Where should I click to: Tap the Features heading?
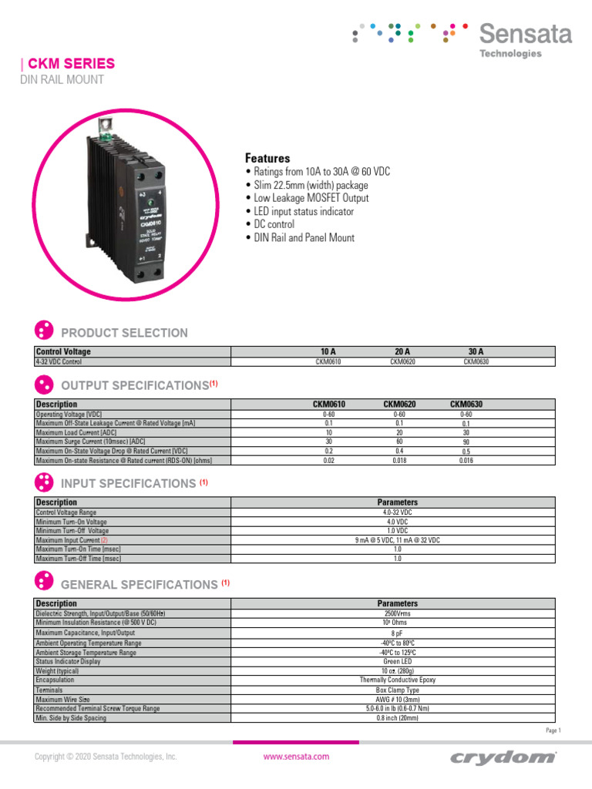(x=267, y=158)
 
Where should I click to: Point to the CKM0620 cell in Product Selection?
(x=402, y=361)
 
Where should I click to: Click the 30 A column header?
(x=475, y=351)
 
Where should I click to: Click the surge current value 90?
(x=466, y=442)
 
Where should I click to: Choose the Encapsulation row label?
(x=55, y=680)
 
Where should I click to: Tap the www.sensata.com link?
(x=296, y=757)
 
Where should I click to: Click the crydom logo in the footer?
(x=514, y=757)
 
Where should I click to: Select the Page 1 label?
(x=553, y=730)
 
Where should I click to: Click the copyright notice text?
(x=106, y=757)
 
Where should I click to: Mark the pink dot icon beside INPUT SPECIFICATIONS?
(x=44, y=483)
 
